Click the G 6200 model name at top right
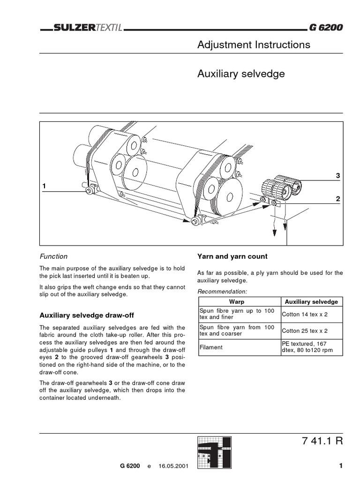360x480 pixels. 326,28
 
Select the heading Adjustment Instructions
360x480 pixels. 254,45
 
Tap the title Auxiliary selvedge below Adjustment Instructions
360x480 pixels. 241,74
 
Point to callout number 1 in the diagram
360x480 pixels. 45,186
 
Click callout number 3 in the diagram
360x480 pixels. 337,175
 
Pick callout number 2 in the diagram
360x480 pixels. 337,199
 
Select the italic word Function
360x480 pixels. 53,256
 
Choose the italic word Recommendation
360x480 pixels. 222,292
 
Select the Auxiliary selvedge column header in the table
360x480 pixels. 311,301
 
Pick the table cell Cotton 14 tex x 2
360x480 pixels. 305,315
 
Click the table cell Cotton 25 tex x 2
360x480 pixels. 305,330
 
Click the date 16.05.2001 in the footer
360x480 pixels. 174,467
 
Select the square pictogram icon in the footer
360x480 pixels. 213,453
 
